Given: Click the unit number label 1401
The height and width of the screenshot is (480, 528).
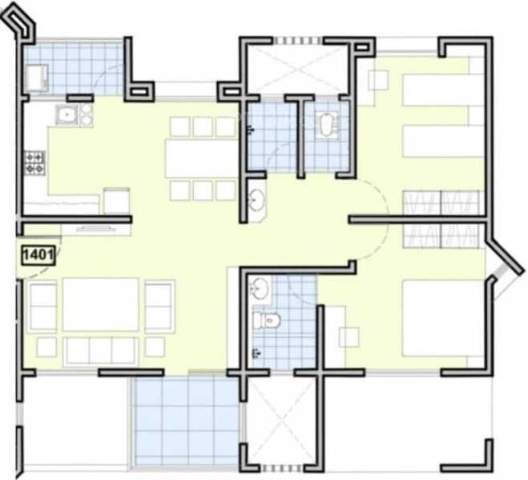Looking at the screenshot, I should tap(37, 256).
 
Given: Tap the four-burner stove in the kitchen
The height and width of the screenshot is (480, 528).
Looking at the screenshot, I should tap(34, 162).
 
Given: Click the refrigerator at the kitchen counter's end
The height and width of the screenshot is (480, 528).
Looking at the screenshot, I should tap(117, 201).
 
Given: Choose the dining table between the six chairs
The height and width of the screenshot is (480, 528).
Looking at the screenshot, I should tap(201, 158).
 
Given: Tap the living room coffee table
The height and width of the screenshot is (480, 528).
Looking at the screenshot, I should tap(100, 304).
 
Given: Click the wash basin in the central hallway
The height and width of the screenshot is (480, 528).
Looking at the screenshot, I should tap(256, 200).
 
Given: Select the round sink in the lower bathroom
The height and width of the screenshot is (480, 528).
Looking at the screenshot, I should tap(260, 289).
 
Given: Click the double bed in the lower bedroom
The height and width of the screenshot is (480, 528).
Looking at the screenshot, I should tap(441, 317).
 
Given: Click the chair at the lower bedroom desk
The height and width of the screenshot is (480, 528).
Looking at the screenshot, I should tap(349, 337).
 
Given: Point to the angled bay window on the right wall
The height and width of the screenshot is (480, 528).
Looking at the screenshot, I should tap(504, 267).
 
